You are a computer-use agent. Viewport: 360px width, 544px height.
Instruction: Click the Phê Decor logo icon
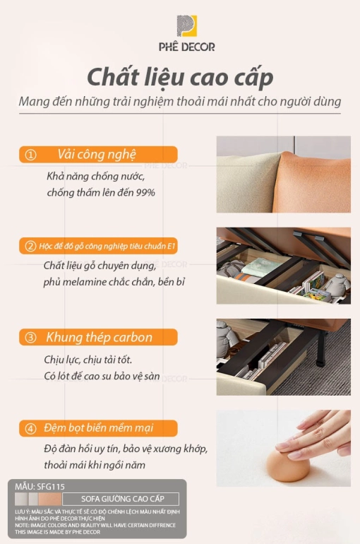[x=187, y=26]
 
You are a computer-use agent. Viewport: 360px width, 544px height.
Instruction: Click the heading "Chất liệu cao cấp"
[x=180, y=78]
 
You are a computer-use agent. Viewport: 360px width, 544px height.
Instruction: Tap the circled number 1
[x=30, y=155]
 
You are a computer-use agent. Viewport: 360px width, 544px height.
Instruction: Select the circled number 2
[x=30, y=247]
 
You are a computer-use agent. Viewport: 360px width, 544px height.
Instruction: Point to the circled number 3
[x=30, y=338]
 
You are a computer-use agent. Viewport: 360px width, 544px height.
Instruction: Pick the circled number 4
[x=30, y=429]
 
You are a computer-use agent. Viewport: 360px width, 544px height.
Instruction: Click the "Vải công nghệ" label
[x=97, y=155]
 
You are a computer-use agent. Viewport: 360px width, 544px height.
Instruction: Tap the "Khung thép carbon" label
[x=99, y=337]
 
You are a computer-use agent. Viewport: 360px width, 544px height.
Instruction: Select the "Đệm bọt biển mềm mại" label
[x=98, y=428]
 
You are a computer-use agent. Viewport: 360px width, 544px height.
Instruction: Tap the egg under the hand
[x=288, y=466]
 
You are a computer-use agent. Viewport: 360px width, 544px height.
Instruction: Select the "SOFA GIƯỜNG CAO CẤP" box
[x=121, y=499]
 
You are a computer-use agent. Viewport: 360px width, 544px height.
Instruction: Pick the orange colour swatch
[x=50, y=499]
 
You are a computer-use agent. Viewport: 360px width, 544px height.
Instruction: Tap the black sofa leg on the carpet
[x=322, y=348]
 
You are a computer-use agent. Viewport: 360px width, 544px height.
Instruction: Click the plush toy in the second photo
[x=337, y=285]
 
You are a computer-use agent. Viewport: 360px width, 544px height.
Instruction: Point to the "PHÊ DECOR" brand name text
[x=187, y=47]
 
